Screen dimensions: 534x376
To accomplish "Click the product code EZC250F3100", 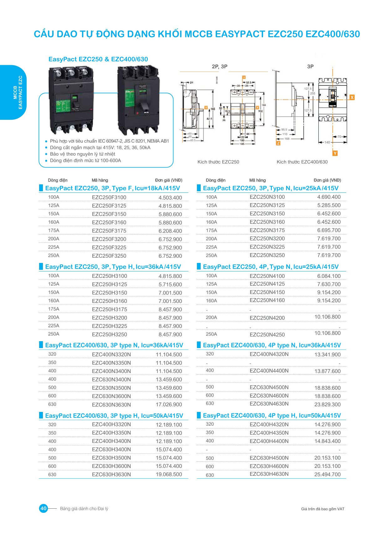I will tap(109, 198).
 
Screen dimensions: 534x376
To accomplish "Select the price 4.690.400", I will tap(329, 197).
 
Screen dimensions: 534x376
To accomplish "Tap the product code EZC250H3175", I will tap(109, 309).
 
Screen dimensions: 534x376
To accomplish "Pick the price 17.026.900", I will tap(169, 404).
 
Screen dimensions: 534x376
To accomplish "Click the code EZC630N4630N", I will tap(269, 404).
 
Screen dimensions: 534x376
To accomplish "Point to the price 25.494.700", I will tap(327, 475).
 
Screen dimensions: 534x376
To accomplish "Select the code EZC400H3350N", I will tap(111, 433).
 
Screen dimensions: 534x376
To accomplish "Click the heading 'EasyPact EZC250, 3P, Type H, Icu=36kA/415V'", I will tap(113, 267).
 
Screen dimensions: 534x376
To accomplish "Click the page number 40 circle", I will tap(43, 508).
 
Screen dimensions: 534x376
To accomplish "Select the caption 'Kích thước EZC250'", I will tap(218, 162).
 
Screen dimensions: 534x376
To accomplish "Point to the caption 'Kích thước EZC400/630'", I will tap(302, 162).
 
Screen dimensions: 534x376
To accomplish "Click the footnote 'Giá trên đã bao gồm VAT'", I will tap(322, 509).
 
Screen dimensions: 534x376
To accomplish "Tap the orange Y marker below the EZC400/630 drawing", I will tap(335, 153).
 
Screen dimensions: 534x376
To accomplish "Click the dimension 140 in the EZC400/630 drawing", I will tap(327, 142).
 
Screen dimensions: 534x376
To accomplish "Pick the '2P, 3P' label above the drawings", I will tap(219, 66).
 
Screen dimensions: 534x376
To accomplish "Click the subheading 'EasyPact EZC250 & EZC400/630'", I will tap(98, 59).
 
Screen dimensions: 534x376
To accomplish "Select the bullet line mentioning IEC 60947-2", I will tap(109, 141).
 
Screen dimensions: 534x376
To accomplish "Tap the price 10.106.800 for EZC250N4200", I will tap(327, 317).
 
